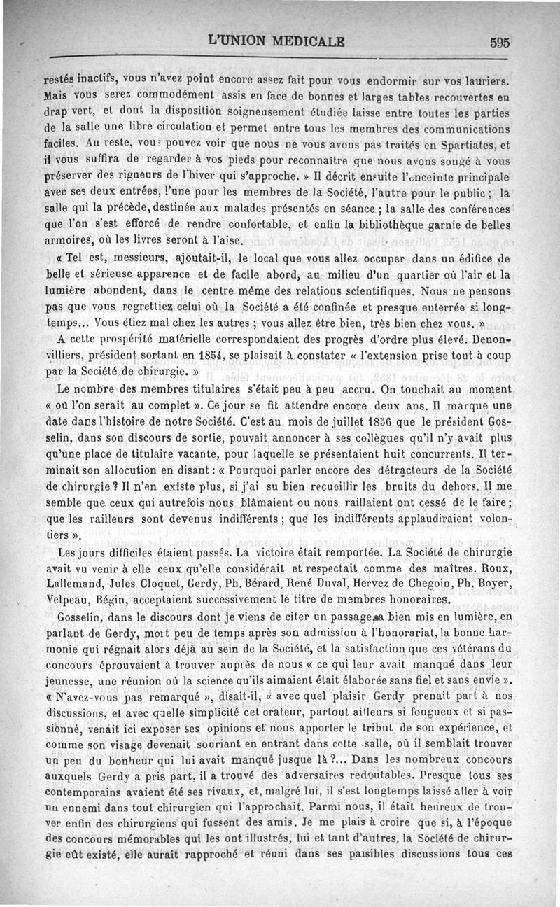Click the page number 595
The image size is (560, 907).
[500, 42]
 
